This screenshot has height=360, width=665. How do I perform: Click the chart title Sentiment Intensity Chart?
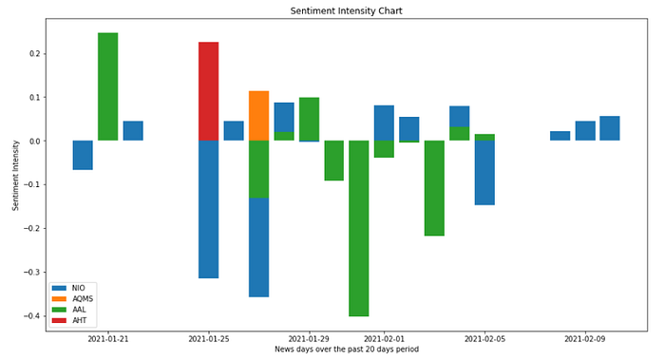point(346,11)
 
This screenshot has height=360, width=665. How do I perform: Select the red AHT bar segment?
point(209,91)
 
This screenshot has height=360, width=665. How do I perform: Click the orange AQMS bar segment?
point(258,116)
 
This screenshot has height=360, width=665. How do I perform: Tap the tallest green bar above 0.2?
point(108,86)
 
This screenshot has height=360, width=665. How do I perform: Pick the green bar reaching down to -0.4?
point(359,228)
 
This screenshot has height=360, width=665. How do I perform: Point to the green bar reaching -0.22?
point(434,188)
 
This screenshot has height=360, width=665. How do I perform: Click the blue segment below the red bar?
point(209,210)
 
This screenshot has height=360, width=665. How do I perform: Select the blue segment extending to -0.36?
point(258,247)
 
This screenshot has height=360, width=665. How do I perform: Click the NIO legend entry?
point(68,288)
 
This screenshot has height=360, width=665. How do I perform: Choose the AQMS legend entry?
point(72,299)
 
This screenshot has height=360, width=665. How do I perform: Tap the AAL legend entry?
point(69,310)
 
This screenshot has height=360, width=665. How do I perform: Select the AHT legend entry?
point(69,320)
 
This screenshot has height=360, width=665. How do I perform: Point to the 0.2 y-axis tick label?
point(36,53)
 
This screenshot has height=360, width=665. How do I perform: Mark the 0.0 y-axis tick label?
point(36,141)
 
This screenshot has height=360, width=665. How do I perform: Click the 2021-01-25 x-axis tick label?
point(209,339)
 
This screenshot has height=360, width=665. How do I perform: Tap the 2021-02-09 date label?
point(585,339)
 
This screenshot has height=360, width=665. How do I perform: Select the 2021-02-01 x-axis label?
point(384,339)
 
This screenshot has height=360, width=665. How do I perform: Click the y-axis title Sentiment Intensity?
point(16,175)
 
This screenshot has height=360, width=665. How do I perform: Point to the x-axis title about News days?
point(347,349)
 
